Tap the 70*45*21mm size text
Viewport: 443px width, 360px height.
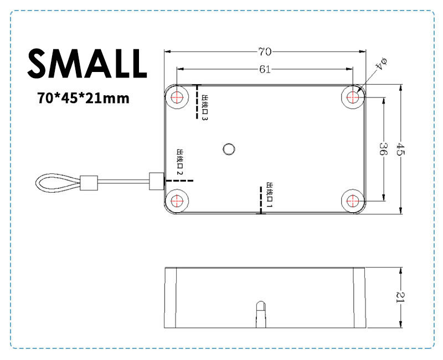(83, 99)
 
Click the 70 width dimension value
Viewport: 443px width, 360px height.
(264, 52)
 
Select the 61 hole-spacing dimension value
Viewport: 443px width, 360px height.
(264, 69)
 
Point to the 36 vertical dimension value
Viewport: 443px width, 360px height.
(383, 148)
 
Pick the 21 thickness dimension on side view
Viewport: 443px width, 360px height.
(400, 297)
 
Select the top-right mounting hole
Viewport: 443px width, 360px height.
(352, 97)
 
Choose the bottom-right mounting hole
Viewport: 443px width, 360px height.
(352, 200)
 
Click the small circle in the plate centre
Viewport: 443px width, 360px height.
(228, 148)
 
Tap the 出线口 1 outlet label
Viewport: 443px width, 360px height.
(270, 195)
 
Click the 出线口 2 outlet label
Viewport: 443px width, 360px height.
(180, 162)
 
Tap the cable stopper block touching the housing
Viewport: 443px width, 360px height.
(157, 181)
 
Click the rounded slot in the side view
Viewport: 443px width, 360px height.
(260, 313)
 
